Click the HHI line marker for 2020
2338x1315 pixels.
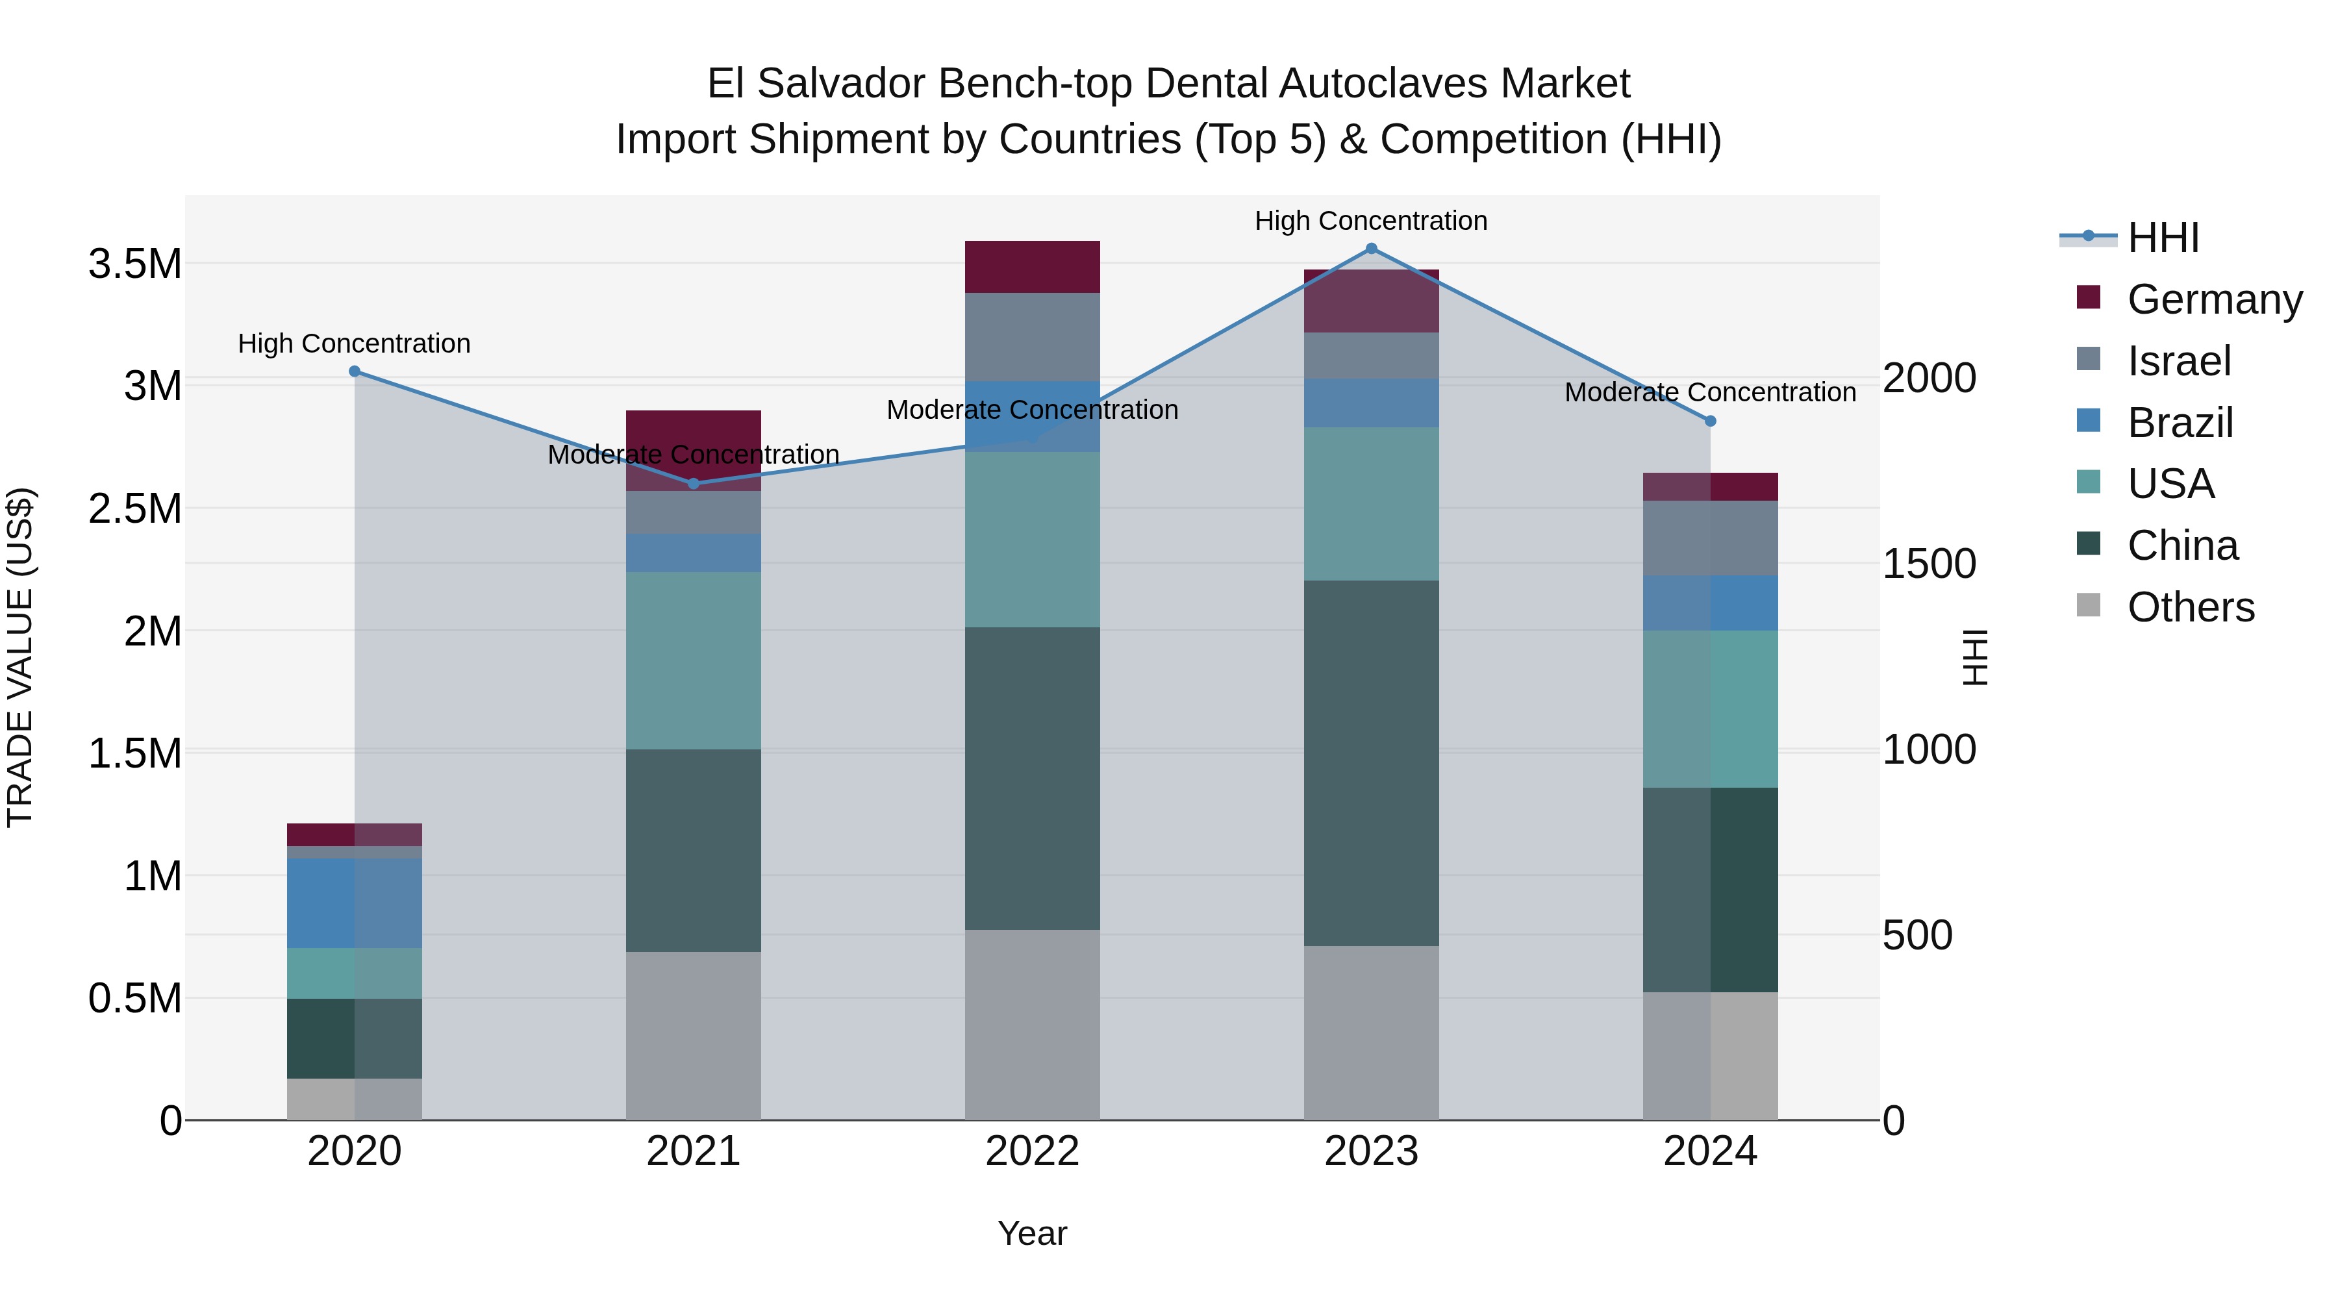355,371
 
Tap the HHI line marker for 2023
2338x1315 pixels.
1372,249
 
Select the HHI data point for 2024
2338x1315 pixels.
1711,421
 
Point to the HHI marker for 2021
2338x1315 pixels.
694,484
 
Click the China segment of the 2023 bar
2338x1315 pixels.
1372,763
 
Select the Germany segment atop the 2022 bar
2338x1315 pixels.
1032,267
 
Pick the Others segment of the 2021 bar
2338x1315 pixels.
694,1036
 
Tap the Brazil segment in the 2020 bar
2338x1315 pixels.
355,903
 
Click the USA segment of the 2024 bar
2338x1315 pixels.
1711,708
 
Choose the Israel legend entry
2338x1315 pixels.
2178,361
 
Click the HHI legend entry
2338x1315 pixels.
2163,238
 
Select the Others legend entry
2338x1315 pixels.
2190,607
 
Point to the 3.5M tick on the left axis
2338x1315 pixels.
135,264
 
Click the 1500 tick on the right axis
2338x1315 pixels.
1929,564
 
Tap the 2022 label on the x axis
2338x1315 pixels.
1032,1151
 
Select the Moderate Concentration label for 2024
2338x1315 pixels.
1710,392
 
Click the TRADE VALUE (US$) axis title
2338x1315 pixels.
20,657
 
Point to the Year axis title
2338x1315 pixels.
1032,1233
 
